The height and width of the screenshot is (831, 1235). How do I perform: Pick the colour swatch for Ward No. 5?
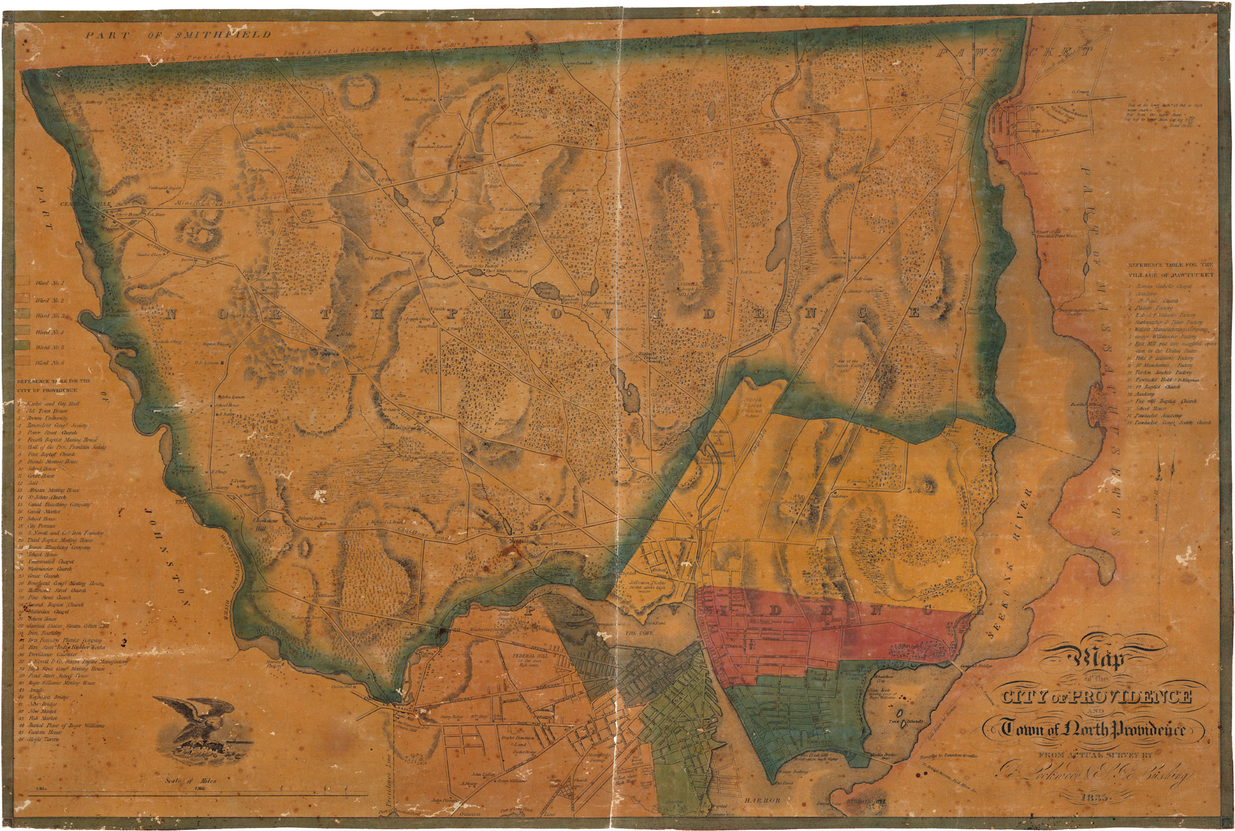pos(23,347)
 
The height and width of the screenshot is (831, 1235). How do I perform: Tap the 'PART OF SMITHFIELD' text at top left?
pos(178,35)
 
